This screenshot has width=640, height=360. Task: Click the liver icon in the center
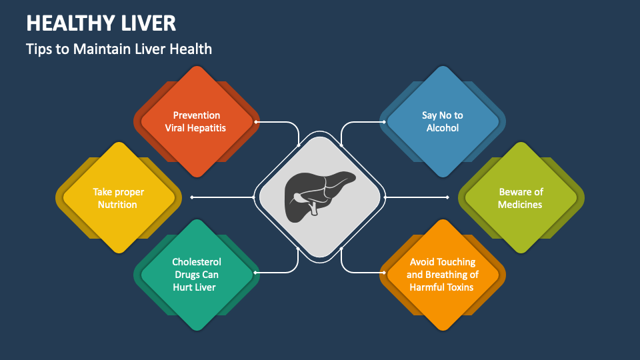click(319, 197)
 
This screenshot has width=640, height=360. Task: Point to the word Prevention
click(196, 115)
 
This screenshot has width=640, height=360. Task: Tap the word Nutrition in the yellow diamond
click(117, 205)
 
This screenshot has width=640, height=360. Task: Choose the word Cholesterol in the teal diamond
click(196, 262)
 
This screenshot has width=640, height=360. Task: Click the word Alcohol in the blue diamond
click(443, 127)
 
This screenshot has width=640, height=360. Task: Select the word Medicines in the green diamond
click(521, 205)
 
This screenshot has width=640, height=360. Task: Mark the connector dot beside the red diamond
click(256, 122)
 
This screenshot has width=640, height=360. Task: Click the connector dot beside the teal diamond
click(256, 273)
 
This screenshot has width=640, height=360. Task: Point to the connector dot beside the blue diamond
click(384, 122)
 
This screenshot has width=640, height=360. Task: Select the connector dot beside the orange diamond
click(384, 273)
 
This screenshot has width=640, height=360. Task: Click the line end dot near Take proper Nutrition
click(192, 197)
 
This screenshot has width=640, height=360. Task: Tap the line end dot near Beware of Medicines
click(448, 197)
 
